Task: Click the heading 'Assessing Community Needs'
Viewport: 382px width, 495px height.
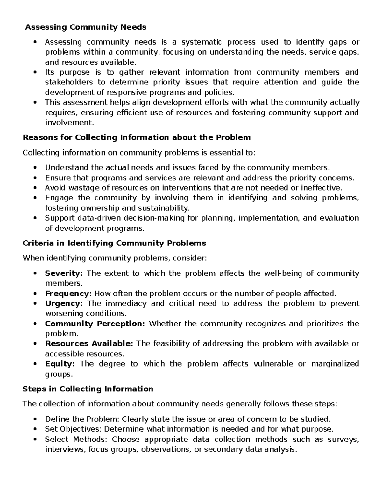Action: pos(86,27)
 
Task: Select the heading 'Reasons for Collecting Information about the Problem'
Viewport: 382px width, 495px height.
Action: pos(137,137)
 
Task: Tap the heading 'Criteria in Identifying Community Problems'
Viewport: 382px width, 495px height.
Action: pos(114,243)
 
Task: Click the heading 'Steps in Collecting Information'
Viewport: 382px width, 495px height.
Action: pos(88,389)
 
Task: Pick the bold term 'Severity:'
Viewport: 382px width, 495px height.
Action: pos(64,273)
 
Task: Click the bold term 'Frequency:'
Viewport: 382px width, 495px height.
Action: pos(68,293)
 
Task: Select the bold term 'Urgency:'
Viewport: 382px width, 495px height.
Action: pos(64,303)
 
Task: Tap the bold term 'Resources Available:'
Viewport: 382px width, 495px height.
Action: pos(89,344)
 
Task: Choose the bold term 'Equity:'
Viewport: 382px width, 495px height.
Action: pos(60,364)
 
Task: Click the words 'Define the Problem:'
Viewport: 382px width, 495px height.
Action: pos(82,419)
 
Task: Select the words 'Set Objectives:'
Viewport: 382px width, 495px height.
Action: pos(73,429)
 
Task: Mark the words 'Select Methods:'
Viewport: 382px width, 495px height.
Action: pos(76,439)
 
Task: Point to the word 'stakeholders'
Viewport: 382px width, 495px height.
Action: pos(69,82)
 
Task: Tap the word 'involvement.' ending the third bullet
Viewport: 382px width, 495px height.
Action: pos(70,123)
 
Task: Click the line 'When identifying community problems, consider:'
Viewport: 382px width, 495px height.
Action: pos(115,258)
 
